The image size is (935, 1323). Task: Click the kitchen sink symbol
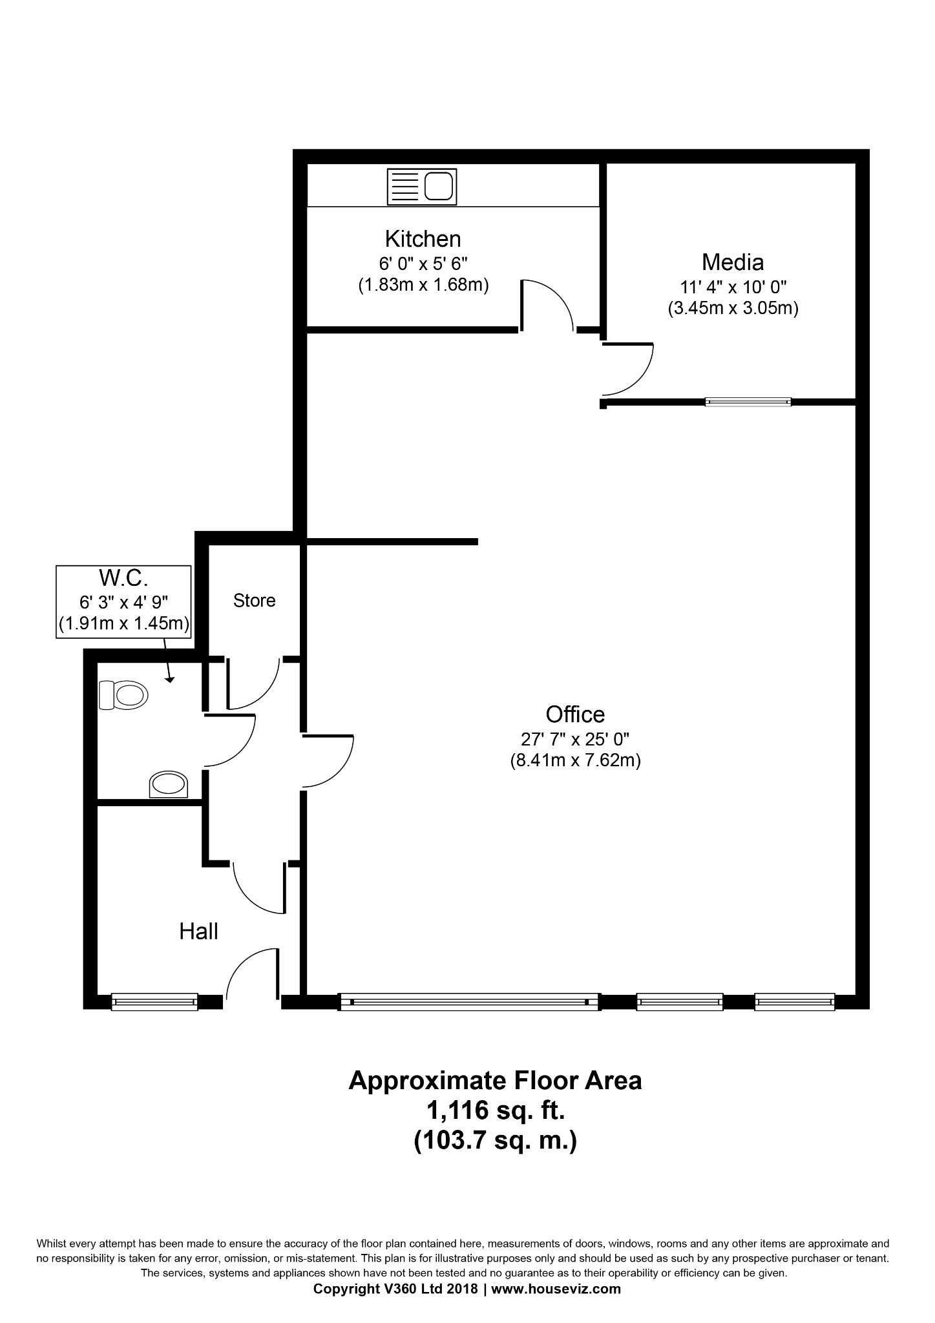coord(421,187)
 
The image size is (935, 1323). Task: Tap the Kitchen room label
coord(423,239)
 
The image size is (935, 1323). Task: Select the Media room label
coord(733,262)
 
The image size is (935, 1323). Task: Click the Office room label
coord(575,714)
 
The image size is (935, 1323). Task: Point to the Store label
coord(254,601)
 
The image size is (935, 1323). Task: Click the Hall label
coord(198,932)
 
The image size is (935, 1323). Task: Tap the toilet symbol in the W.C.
coord(123,695)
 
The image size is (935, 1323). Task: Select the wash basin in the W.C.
coord(169,784)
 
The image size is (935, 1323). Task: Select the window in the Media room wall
coord(748,402)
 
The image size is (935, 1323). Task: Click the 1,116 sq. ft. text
coord(495,1110)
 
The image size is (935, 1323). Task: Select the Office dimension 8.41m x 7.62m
coord(575,760)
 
